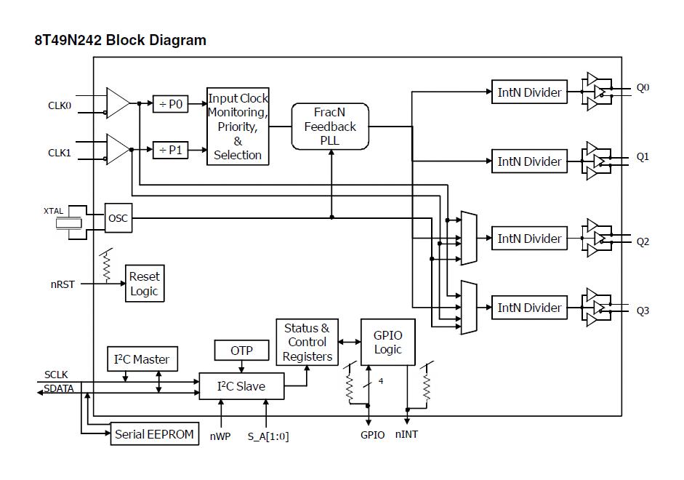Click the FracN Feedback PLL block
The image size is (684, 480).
[330, 127]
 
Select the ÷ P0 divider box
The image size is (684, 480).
[171, 104]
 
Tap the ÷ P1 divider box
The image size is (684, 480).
[171, 151]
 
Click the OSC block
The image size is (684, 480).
[118, 218]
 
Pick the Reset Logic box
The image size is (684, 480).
[144, 284]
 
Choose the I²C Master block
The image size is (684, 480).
[142, 359]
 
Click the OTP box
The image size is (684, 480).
[241, 351]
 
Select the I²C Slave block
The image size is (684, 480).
[241, 386]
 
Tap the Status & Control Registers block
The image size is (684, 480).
[306, 343]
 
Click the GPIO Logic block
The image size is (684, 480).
[387, 342]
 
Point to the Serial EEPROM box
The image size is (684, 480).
[154, 434]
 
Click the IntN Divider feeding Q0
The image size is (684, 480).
[528, 92]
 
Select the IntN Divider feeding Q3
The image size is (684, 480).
[528, 308]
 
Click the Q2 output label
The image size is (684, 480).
[643, 241]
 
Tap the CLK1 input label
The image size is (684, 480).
[60, 153]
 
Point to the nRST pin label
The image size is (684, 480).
[62, 284]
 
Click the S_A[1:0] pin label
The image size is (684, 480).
[268, 436]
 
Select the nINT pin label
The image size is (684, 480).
[406, 435]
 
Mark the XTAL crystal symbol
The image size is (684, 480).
[70, 223]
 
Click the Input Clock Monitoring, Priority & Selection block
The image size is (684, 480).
[238, 127]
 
